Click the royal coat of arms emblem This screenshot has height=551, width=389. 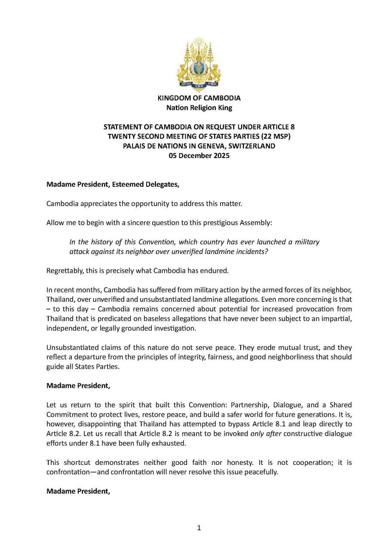coord(199,64)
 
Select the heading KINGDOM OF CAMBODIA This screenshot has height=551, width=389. coord(199,98)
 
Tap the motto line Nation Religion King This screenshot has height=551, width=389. coord(199,108)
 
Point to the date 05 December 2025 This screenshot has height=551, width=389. coord(199,155)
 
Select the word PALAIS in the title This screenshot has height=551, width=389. coord(135,146)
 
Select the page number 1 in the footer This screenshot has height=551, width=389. coord(199,528)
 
